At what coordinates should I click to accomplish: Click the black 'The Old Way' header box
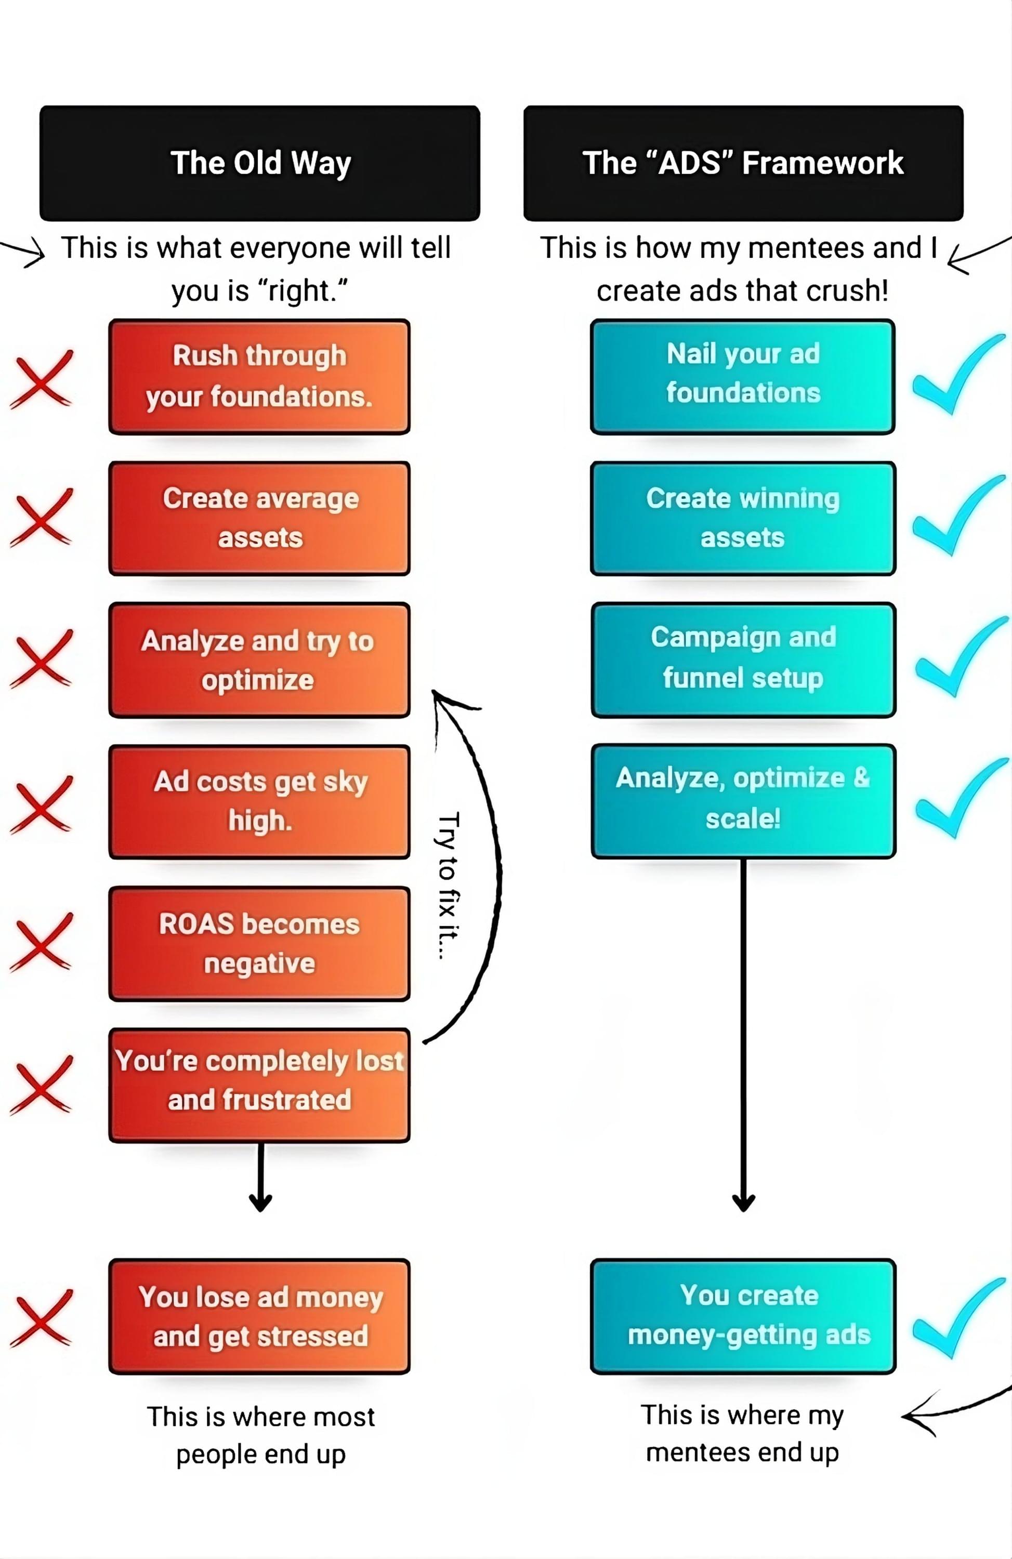click(259, 163)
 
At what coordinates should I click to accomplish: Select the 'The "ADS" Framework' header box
click(743, 163)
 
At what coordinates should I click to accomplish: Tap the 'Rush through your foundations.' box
click(259, 377)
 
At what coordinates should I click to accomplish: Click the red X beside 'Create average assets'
click(41, 518)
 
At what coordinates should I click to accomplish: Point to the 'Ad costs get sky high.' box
click(259, 801)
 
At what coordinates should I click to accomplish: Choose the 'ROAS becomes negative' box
click(259, 943)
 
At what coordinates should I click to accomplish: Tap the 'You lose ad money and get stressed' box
click(259, 1317)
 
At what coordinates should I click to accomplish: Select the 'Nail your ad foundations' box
click(743, 377)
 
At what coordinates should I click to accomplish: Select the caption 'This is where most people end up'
click(261, 1435)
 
